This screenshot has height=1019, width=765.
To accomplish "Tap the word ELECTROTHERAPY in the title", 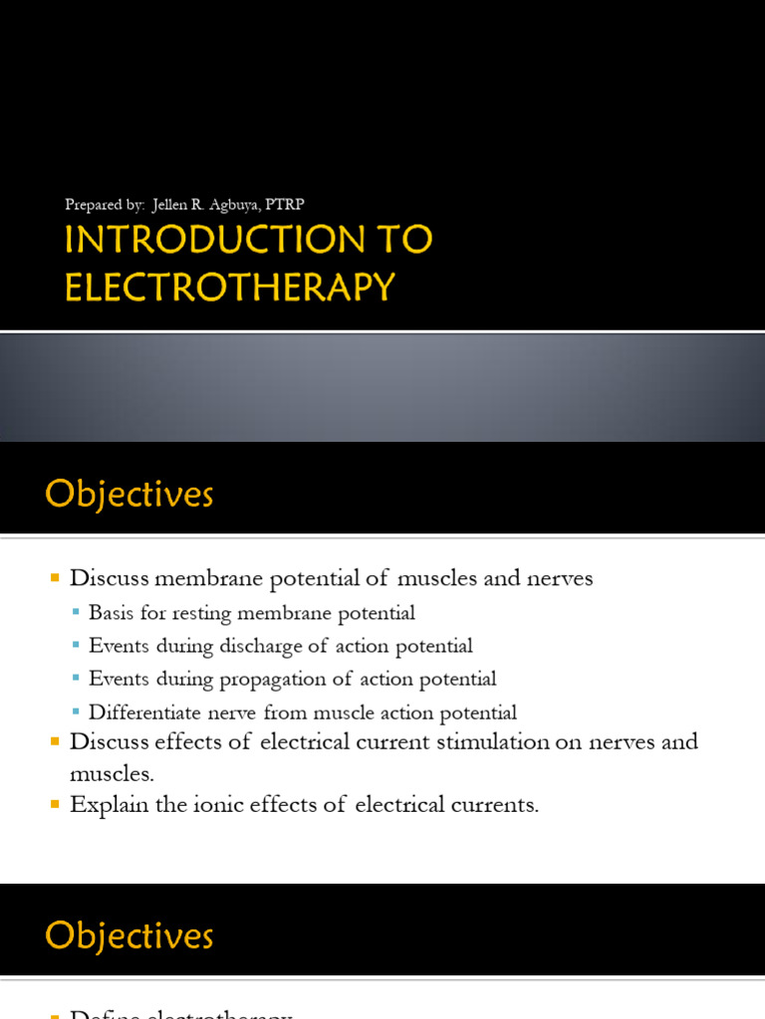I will pos(230,287).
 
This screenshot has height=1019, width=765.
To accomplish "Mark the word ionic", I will pos(207,805).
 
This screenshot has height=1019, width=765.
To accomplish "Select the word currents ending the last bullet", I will pos(497,805).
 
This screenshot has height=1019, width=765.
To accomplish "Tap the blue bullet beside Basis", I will pos(77,613).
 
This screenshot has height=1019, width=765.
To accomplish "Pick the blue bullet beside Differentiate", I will pos(77,713).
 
